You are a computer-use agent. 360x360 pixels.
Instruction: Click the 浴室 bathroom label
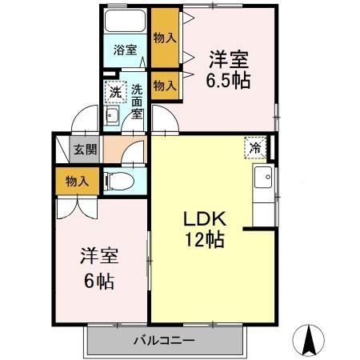(x=125, y=50)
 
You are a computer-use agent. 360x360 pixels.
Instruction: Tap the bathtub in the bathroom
(x=126, y=22)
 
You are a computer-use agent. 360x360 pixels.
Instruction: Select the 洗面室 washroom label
(x=138, y=102)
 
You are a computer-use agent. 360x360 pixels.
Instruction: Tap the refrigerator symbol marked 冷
(x=254, y=146)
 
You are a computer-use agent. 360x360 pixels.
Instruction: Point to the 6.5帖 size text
(x=228, y=80)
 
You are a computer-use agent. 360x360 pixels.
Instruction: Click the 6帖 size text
(x=99, y=281)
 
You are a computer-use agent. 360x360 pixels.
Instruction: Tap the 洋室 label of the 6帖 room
(x=99, y=258)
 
